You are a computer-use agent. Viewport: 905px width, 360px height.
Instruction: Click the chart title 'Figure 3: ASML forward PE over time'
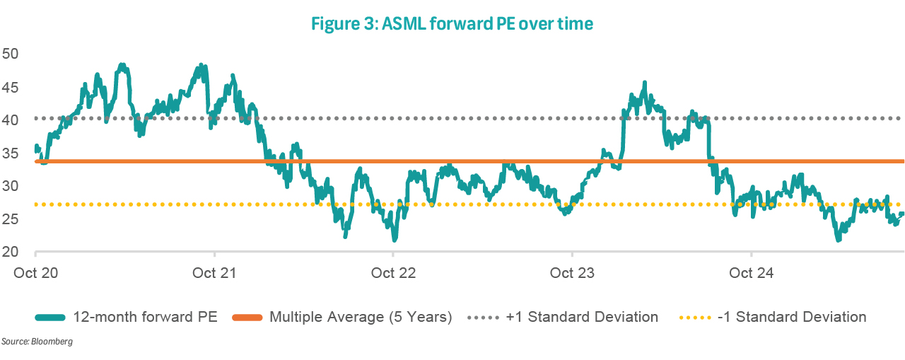tap(452, 24)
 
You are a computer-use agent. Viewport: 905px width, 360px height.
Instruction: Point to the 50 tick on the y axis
tap(11, 54)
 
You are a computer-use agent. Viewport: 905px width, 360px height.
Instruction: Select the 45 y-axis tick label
tap(11, 87)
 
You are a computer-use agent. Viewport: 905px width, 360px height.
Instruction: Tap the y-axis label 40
tap(11, 120)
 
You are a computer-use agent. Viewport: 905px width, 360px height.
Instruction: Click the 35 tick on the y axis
tap(11, 153)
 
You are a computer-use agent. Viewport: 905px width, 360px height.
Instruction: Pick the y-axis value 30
tap(11, 187)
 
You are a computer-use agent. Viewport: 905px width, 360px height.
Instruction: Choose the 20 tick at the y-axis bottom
tap(11, 252)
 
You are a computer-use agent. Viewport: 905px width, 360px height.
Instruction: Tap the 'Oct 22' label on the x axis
tap(392, 273)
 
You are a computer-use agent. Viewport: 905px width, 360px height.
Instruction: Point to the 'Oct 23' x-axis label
tap(571, 273)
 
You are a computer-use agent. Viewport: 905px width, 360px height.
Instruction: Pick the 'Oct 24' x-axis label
tap(750, 273)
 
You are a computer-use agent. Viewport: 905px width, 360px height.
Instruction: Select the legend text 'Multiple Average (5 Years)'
tap(361, 317)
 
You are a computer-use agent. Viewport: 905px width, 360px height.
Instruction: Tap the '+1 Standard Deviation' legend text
tap(582, 317)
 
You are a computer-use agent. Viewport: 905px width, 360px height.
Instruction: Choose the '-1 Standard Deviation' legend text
tap(792, 317)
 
